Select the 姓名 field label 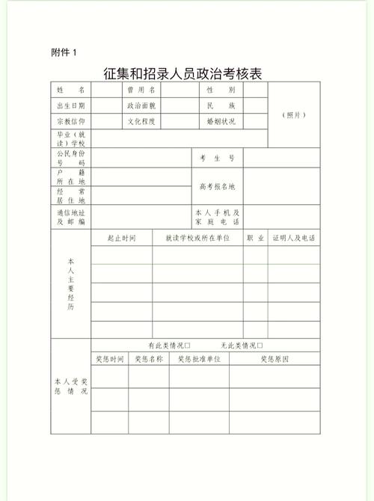70,90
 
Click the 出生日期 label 70,106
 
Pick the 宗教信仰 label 70,122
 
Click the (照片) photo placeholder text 293,114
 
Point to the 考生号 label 217,158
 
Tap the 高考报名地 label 217,186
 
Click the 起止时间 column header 121,238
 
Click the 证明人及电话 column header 293,238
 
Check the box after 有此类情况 188,345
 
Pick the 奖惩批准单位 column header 199,360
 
